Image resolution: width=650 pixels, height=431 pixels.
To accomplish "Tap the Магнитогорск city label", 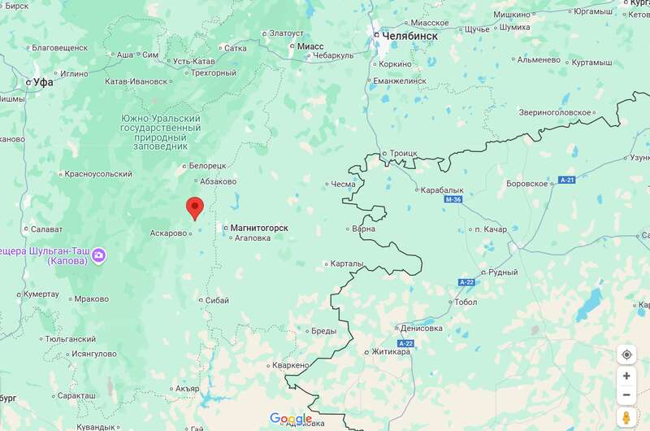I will [259, 228].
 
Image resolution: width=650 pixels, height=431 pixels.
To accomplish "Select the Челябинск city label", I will [409, 36].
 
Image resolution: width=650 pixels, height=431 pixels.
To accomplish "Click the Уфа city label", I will [42, 82].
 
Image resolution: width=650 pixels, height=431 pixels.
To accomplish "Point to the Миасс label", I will [310, 46].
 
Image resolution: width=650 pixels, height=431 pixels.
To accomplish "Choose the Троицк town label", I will [404, 153].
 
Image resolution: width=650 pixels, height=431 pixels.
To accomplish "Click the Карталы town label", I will [347, 263].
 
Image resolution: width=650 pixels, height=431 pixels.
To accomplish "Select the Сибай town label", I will [218, 300].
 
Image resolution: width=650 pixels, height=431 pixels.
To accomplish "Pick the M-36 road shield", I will [453, 199].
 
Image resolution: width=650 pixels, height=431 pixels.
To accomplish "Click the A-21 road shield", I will [566, 180].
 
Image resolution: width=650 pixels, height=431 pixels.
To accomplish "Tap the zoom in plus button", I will [626, 376].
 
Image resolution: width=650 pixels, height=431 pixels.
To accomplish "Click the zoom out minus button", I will [626, 395].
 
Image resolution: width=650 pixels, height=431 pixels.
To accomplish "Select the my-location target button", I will [626, 355].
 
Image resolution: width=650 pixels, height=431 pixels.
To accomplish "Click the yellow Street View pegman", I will [626, 417].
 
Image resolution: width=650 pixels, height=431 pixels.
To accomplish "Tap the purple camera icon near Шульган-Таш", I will [99, 255].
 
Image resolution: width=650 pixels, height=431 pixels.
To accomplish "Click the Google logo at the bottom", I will [291, 419].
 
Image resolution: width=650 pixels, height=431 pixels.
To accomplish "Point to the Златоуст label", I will [286, 33].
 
